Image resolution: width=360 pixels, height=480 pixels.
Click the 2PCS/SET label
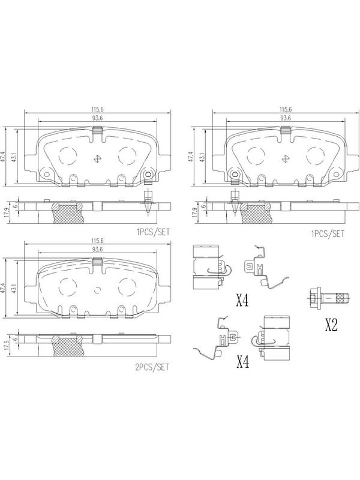point(152,367)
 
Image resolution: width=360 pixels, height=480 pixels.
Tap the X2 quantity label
point(331,325)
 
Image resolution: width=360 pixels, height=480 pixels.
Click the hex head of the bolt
point(314,296)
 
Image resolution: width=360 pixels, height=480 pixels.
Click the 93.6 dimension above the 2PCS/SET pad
point(97,250)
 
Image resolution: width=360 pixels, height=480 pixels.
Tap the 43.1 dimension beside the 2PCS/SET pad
point(13,288)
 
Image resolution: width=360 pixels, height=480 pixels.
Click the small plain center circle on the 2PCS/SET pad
point(97,290)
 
